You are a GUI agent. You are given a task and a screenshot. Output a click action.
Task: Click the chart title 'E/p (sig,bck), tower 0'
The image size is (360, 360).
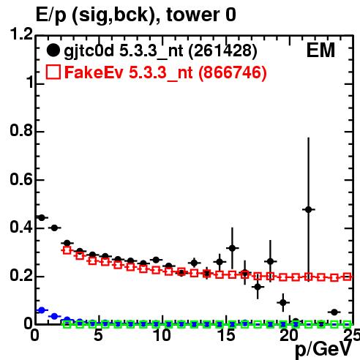coord(136,15)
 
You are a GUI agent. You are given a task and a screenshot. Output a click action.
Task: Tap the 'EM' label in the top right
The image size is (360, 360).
coord(320,50)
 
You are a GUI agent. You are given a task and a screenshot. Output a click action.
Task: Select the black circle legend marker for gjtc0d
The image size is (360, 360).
coord(53,50)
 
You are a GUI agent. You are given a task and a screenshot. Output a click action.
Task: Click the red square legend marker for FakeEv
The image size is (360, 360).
coord(53,72)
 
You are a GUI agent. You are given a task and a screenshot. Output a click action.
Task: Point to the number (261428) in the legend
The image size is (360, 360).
coord(223,51)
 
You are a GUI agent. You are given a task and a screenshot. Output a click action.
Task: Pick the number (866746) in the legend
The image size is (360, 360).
coord(233,72)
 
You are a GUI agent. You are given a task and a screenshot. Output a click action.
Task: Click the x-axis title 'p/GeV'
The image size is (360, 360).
coord(323,349)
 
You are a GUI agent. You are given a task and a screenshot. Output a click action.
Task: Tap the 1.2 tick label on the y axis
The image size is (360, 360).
coord(21,34)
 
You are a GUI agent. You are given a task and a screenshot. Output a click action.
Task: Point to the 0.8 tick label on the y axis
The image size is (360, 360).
coord(21,130)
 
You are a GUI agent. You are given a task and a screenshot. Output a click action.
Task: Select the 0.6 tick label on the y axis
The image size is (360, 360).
coord(21,179)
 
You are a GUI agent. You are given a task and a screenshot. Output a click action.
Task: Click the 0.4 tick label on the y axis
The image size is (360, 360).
coord(21,228)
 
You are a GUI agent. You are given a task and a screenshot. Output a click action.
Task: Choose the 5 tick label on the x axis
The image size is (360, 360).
coord(98,335)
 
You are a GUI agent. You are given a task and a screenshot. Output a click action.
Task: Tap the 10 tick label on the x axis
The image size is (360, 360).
coord(162,335)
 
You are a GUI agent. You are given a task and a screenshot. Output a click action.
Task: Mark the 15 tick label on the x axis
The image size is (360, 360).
coord(226,335)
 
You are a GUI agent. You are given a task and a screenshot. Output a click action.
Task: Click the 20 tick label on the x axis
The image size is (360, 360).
coord(289,335)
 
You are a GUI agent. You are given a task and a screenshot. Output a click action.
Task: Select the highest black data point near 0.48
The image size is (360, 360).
coord(309,209)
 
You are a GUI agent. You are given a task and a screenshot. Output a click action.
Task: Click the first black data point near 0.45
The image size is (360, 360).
coord(42,218)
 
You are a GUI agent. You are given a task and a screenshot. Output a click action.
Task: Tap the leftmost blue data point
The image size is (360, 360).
coord(42,310)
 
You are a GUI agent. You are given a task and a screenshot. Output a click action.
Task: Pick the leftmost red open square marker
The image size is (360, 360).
coord(67,250)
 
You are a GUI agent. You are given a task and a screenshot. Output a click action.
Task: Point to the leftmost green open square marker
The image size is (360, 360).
coord(67,324)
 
